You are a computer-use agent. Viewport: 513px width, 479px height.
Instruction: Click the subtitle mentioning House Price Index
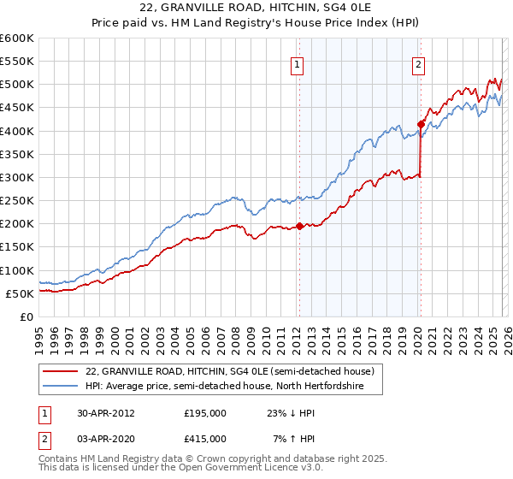click(x=256, y=23)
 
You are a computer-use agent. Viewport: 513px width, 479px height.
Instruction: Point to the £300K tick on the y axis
click(x=17, y=177)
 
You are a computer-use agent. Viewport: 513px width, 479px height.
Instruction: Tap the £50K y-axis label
click(x=20, y=293)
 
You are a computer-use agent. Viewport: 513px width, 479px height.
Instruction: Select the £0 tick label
click(x=26, y=316)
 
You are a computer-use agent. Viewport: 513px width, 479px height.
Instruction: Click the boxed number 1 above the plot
click(x=298, y=63)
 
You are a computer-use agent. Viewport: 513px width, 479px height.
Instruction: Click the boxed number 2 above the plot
click(x=419, y=63)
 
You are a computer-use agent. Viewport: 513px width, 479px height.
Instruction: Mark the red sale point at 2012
click(x=300, y=226)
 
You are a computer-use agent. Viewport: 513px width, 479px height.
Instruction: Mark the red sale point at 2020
click(x=421, y=124)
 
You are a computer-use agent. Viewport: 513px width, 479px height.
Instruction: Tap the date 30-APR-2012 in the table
click(x=107, y=412)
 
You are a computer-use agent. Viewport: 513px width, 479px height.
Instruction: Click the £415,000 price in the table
click(x=205, y=438)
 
